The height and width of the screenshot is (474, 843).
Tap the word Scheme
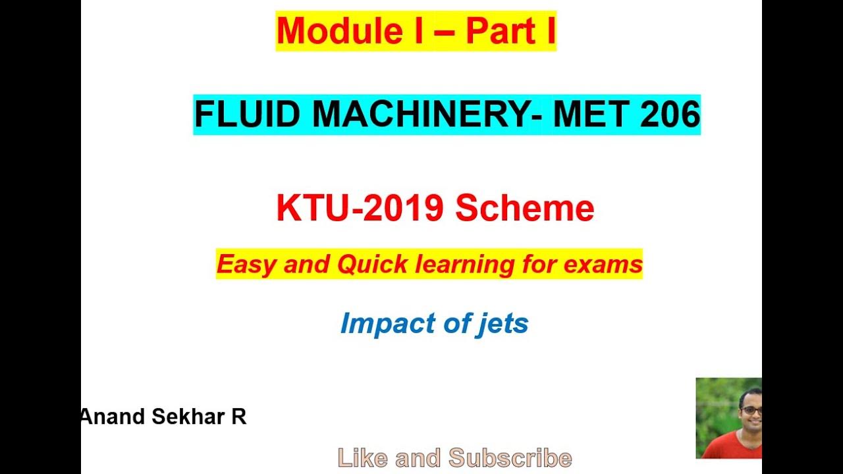coord(525,208)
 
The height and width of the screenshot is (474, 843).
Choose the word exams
coord(607,265)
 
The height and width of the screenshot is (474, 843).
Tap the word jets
coord(503,323)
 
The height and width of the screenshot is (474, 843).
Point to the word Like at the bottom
coord(361,458)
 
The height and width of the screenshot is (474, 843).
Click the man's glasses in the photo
coord(751,410)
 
